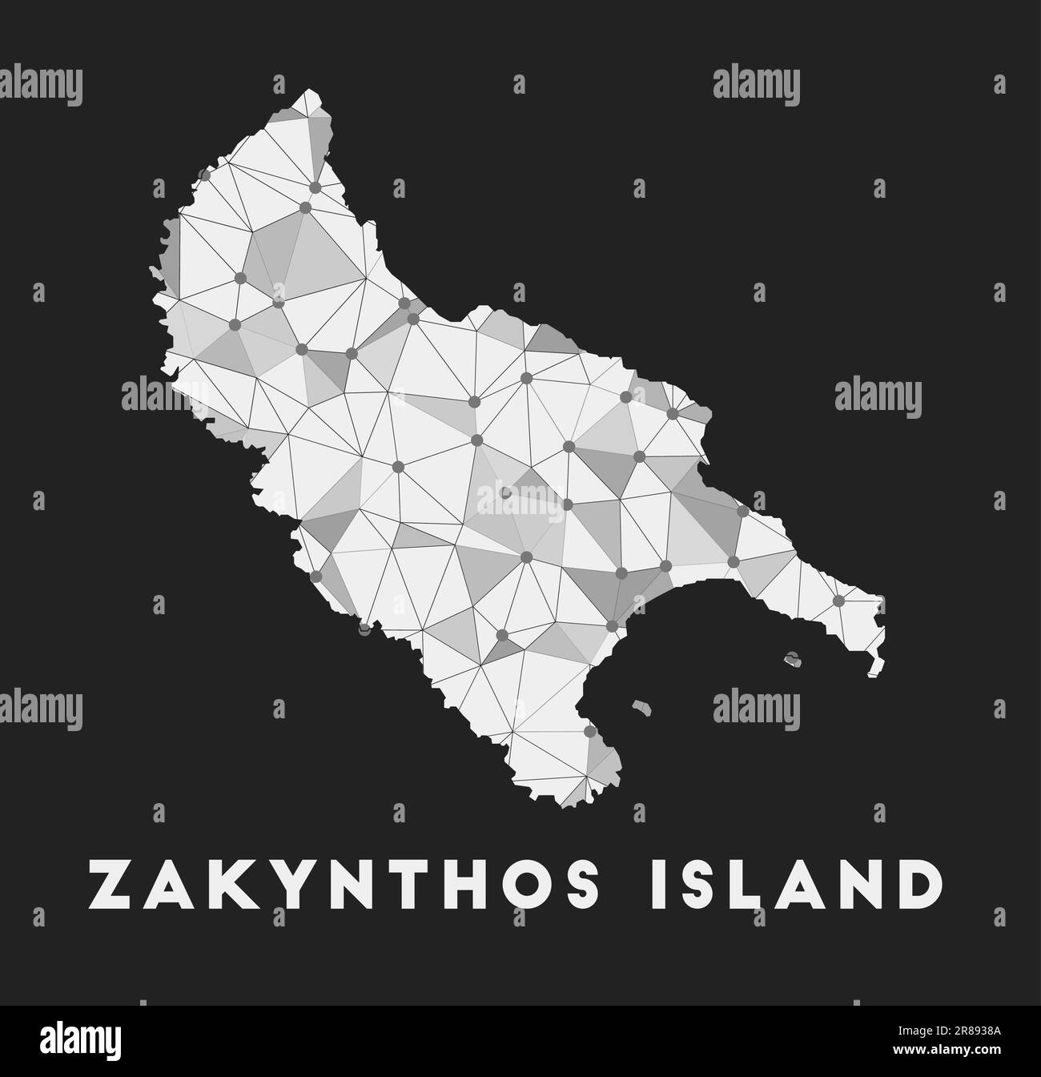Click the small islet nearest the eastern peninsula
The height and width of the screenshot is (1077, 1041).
pyautogui.click(x=793, y=660)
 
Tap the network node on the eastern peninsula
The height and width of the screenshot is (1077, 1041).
pyautogui.click(x=838, y=601)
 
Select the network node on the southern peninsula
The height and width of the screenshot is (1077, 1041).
pyautogui.click(x=589, y=731)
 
